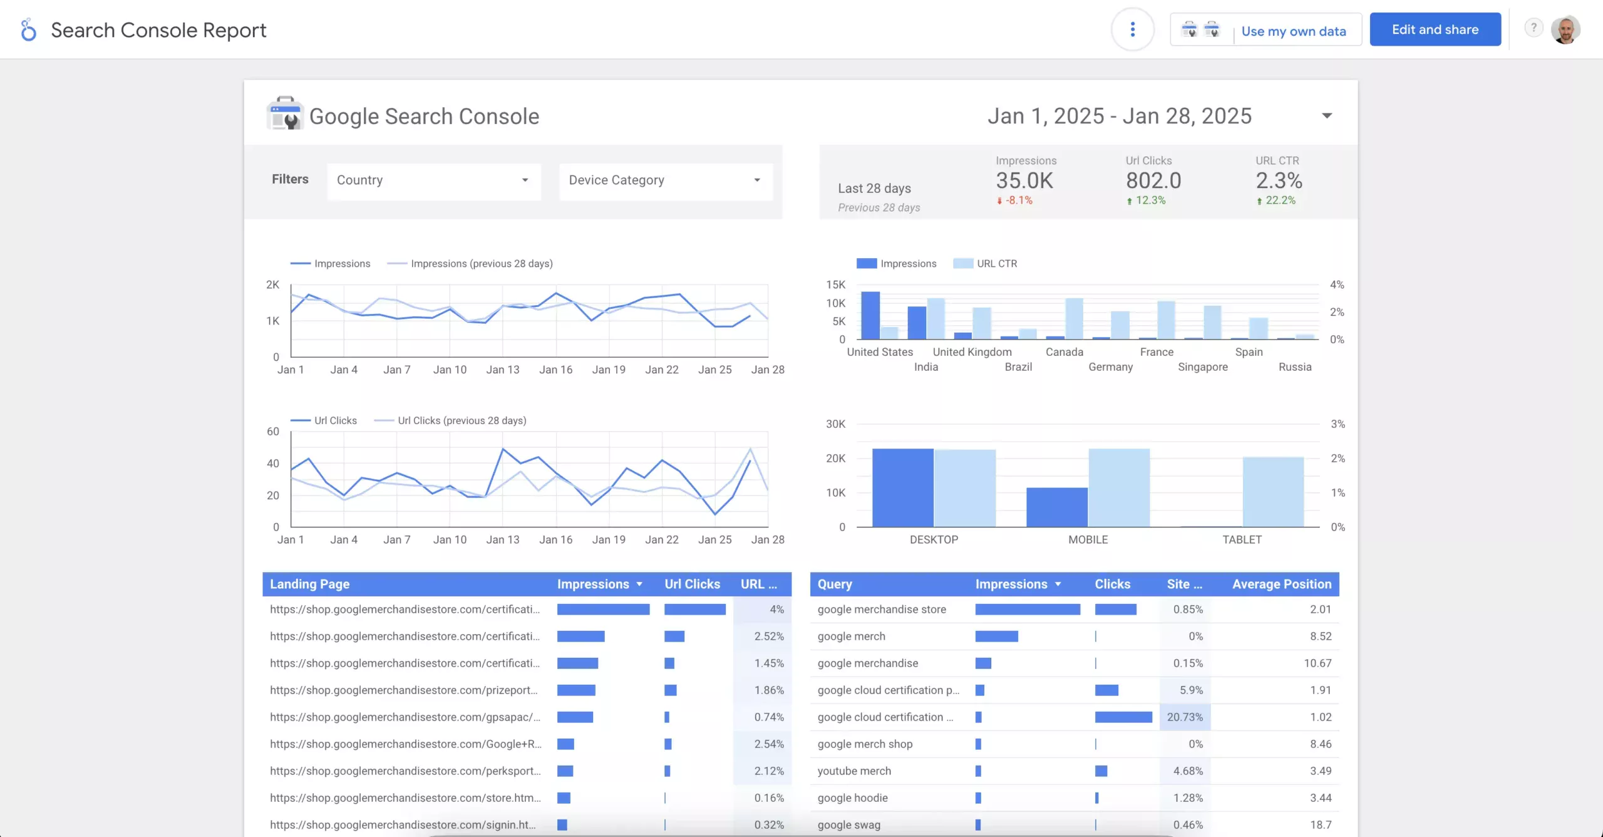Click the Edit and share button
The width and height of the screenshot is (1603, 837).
click(x=1435, y=29)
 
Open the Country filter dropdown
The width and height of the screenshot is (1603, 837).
click(x=433, y=180)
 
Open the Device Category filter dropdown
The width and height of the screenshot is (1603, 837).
click(x=666, y=180)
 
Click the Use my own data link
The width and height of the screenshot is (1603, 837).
click(x=1294, y=31)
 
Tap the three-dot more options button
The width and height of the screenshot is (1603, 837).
click(x=1133, y=29)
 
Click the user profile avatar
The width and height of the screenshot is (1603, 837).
click(x=1565, y=29)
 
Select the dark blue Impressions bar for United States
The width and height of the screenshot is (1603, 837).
click(x=870, y=315)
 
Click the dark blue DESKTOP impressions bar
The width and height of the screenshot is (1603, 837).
click(x=903, y=487)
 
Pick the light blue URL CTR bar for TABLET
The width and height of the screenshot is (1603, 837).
click(x=1273, y=492)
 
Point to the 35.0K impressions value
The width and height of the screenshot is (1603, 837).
click(x=1024, y=180)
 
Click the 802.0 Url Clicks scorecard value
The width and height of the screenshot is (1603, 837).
click(x=1153, y=180)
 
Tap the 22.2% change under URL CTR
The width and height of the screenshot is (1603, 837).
click(x=1281, y=200)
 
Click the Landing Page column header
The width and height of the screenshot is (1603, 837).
click(x=309, y=584)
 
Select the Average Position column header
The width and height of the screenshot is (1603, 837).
click(x=1282, y=584)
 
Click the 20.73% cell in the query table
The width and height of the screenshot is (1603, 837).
click(x=1185, y=717)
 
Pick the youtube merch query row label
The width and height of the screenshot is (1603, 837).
click(x=854, y=771)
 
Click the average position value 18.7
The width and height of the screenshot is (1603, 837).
click(x=1321, y=824)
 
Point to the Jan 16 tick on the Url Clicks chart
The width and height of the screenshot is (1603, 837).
click(x=556, y=539)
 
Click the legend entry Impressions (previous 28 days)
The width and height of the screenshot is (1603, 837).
click(x=482, y=264)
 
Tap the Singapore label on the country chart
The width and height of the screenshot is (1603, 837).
click(x=1203, y=367)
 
